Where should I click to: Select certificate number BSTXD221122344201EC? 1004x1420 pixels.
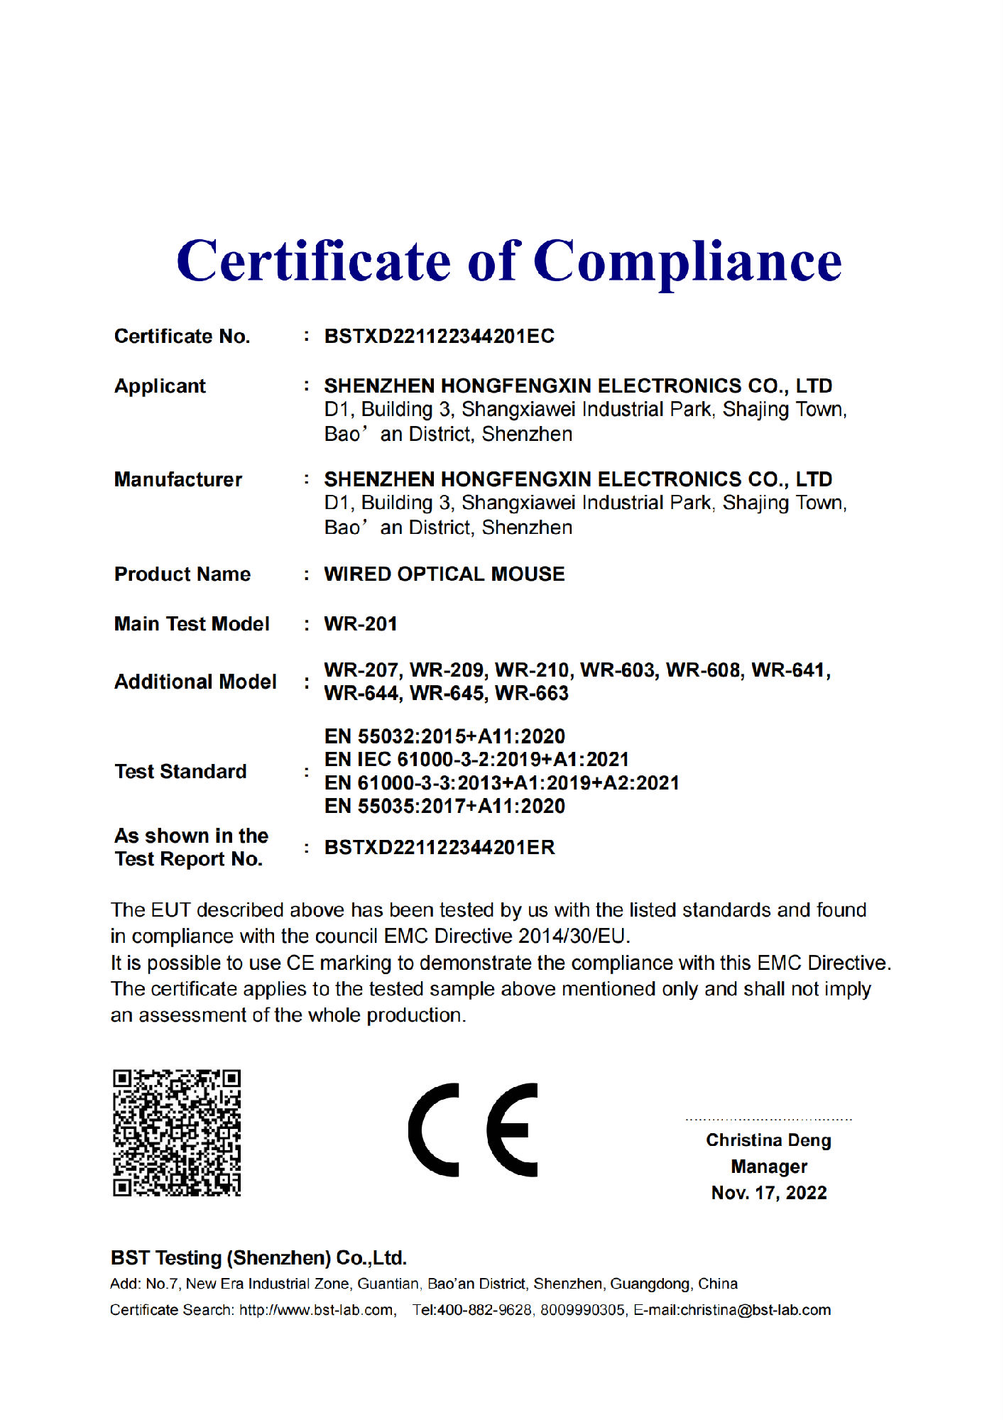pos(439,336)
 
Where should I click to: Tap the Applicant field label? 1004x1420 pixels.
pos(160,386)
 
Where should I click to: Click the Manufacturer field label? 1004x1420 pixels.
pos(178,479)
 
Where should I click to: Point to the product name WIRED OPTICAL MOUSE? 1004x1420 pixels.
pos(444,574)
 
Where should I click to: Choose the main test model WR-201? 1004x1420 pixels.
pos(361,623)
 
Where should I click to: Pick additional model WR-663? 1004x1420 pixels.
pos(532,693)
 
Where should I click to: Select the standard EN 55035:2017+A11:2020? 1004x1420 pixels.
pos(444,806)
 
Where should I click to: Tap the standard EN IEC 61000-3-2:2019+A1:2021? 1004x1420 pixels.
pos(476,760)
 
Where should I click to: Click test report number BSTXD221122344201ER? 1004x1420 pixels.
pos(440,847)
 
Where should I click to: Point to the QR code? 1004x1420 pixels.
pos(177,1132)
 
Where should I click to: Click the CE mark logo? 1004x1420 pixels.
pos(473,1130)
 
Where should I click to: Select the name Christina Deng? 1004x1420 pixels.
pos(768,1140)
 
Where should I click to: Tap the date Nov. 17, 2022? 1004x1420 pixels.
pos(769,1193)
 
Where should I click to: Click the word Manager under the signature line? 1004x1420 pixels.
pos(769,1167)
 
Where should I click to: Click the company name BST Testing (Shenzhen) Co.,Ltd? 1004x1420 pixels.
pos(258,1258)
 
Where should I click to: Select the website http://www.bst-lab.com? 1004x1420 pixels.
pos(317,1310)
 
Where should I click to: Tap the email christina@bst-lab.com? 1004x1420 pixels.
pos(755,1310)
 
